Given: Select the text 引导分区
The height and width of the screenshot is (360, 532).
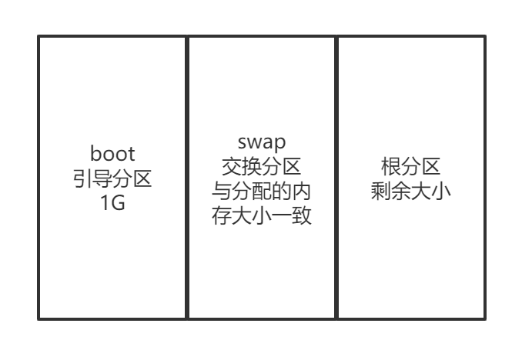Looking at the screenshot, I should coord(112,179).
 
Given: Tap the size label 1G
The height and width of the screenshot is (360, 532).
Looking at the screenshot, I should coord(112,205).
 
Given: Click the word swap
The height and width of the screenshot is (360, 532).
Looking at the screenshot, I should coord(261,142).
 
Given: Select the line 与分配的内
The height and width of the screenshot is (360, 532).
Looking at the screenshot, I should coord(261,190).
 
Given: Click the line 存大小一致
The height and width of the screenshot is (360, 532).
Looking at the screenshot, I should coord(261,215).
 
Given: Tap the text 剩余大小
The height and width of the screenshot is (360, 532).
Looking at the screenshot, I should coord(410,190).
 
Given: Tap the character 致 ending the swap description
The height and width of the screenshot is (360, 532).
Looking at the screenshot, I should coord(301,215).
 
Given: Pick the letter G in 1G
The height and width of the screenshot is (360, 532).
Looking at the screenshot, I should coord(119,205).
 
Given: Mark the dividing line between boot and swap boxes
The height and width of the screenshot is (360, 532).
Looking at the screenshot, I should coord(187,177).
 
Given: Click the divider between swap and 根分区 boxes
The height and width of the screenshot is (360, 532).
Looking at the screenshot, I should coord(336,177).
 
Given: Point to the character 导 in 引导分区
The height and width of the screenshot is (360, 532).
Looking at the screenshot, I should coord(102,179).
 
